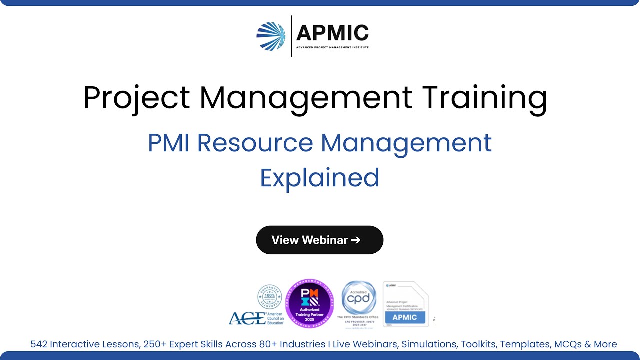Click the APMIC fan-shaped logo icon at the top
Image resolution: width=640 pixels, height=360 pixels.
click(271, 36)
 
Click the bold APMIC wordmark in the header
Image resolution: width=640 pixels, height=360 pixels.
click(332, 33)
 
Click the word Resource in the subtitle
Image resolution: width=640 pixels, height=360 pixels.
click(255, 143)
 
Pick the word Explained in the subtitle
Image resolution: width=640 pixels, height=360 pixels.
click(320, 178)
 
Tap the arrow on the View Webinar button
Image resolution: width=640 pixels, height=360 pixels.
click(356, 240)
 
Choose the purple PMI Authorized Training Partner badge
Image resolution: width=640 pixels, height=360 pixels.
click(310, 303)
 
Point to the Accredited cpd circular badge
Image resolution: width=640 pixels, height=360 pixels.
click(359, 298)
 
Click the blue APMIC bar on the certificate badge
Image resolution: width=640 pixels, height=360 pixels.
click(405, 317)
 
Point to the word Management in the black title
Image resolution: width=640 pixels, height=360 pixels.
click(306, 97)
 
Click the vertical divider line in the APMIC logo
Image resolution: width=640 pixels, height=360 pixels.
click(292, 36)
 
